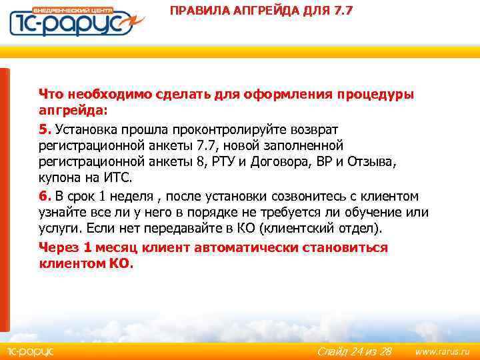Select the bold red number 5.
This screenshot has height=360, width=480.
click(43, 129)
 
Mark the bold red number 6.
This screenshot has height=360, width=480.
click(43, 196)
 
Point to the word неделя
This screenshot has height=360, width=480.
click(137, 196)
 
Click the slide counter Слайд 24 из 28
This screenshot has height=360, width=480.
click(354, 351)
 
